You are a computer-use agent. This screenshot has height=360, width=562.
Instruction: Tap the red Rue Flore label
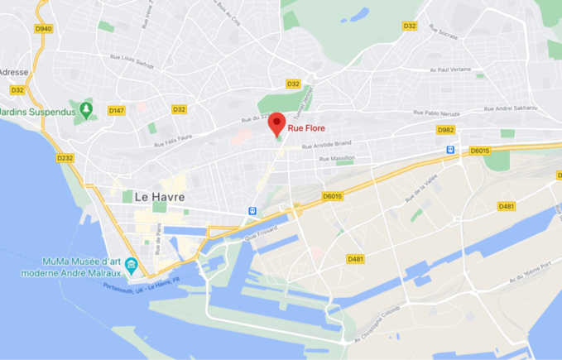click(x=306, y=128)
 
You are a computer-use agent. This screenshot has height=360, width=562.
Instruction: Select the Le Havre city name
click(x=159, y=196)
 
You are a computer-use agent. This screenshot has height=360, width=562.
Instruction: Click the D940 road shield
click(x=43, y=28)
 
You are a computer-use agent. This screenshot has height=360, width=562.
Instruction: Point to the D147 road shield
click(x=116, y=110)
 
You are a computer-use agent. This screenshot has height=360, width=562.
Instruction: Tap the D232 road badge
click(x=65, y=157)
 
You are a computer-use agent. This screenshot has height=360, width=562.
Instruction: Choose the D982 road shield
click(x=445, y=130)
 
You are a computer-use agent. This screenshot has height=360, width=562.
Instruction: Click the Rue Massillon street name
click(x=337, y=157)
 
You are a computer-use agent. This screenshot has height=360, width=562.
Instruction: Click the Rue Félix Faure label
click(x=173, y=141)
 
